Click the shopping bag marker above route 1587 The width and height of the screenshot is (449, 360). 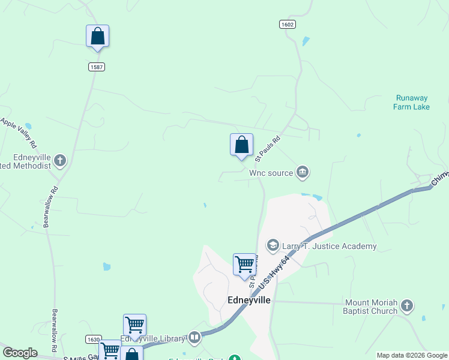97,37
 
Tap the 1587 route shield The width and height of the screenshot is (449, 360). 97,67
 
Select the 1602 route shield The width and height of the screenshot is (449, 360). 288,24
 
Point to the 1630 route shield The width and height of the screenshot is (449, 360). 93,339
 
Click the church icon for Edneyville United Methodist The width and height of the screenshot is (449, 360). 59,160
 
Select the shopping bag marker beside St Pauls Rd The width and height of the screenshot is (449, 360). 241,145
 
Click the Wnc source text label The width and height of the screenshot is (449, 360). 271,173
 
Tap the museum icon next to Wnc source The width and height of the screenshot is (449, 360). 303,173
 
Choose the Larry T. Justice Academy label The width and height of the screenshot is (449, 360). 330,246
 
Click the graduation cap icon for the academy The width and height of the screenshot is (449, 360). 273,245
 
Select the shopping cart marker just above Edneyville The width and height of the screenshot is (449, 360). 244,265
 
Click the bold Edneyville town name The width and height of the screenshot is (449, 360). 249,299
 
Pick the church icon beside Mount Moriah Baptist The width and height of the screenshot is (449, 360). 406,307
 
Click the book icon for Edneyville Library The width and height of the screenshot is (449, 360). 194,338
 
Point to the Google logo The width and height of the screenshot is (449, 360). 20,353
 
